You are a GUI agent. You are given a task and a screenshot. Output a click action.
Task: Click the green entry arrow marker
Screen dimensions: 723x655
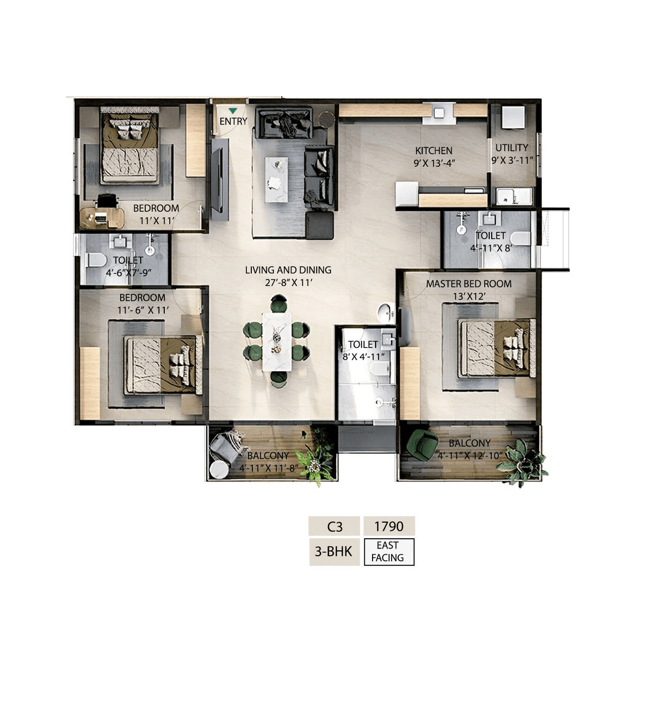coord(233,111)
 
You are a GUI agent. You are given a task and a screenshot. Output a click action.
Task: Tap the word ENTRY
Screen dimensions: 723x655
coord(233,122)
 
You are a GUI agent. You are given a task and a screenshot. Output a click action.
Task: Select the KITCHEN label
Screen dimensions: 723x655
coord(433,151)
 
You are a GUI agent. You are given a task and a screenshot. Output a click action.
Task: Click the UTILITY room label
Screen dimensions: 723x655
coord(512,148)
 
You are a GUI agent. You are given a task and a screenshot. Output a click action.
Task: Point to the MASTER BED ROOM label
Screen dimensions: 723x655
coord(469,284)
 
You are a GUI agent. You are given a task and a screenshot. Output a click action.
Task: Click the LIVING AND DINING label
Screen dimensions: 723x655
coord(288,270)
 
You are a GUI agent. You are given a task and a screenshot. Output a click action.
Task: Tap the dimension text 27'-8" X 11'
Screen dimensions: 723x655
coord(288,282)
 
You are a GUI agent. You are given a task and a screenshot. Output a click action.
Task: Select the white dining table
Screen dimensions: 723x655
coord(277,341)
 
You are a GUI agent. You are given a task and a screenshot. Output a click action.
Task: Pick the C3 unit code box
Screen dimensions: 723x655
coord(335,526)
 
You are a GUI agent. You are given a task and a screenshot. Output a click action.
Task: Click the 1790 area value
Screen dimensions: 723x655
coord(389,526)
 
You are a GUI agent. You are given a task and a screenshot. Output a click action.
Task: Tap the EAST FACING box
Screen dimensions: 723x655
coord(389,552)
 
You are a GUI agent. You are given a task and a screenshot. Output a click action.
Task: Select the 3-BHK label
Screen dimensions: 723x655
coord(334,552)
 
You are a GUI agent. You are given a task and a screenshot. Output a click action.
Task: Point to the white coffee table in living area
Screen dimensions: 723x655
coord(276,180)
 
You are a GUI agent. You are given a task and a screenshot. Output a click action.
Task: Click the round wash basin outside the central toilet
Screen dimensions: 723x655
coord(385,311)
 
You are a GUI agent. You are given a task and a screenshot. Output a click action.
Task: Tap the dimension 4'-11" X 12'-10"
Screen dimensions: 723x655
coord(470,456)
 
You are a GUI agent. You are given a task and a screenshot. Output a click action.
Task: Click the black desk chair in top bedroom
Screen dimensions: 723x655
coord(106,200)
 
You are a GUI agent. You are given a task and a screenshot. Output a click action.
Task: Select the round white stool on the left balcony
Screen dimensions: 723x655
coord(219,469)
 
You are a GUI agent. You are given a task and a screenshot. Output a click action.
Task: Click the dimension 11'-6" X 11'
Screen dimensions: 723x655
coord(143,310)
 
